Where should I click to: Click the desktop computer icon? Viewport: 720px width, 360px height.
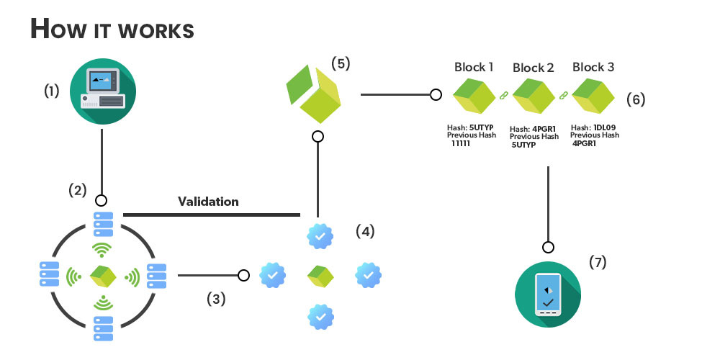click(x=102, y=92)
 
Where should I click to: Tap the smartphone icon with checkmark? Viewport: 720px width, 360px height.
click(x=548, y=296)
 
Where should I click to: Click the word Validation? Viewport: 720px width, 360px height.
click(x=208, y=202)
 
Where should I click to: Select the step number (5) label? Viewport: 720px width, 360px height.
click(x=341, y=63)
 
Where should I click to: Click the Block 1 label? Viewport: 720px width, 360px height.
click(x=474, y=67)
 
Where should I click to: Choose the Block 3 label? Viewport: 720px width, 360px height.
click(x=593, y=67)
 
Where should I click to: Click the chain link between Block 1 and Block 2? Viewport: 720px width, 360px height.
click(x=504, y=94)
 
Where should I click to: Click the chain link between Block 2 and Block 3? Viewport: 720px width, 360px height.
click(x=564, y=94)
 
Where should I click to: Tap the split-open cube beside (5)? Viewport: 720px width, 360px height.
click(x=314, y=95)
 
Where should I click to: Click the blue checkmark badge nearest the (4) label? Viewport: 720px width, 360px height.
click(x=320, y=235)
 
